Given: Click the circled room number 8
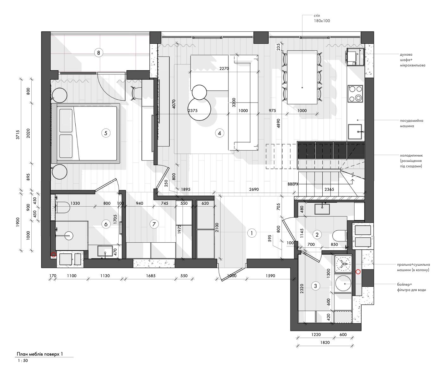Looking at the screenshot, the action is (x=98, y=53).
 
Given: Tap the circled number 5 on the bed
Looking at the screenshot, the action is (x=106, y=133).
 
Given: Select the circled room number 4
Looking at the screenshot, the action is (x=220, y=133).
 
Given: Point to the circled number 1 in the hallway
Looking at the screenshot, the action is (x=252, y=233).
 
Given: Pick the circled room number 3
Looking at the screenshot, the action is (x=315, y=286).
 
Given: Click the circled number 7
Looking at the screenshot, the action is (x=154, y=224).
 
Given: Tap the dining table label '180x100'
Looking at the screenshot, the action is (x=322, y=21).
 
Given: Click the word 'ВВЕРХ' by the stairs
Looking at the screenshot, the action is (x=293, y=184).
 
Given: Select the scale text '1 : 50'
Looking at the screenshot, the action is (x=23, y=361).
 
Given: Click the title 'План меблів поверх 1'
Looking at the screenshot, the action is (x=40, y=354).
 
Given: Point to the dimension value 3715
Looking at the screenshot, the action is (x=18, y=134).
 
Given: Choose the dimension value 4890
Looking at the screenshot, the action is (x=278, y=123).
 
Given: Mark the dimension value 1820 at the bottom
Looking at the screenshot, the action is (x=325, y=343).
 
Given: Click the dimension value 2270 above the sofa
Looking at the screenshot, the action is (x=224, y=68).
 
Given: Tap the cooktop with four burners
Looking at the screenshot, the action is (x=355, y=94).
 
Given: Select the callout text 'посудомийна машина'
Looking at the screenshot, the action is (x=412, y=123).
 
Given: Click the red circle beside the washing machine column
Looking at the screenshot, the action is (x=358, y=272).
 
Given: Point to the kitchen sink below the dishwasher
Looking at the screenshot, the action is (x=355, y=132).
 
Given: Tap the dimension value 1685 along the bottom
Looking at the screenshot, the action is (x=151, y=276).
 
